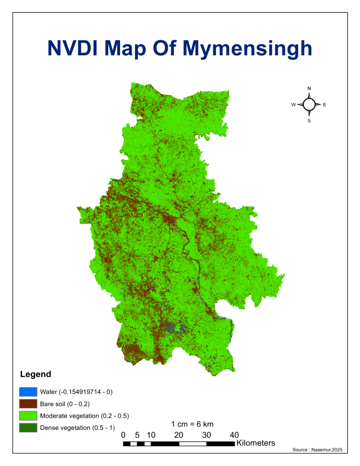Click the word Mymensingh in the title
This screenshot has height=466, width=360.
coord(247,49)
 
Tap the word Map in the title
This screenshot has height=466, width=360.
coord(150,49)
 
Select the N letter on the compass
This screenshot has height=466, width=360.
coord(309,88)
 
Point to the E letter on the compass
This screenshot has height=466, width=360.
coord(324,105)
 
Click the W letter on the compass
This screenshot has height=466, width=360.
coord(293,105)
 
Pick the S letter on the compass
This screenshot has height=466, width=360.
coord(309,121)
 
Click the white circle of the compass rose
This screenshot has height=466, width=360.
coord(309,105)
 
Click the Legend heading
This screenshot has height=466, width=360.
coord(36,375)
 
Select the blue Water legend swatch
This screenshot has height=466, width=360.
coord(28,391)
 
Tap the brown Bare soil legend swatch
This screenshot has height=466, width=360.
coord(28,404)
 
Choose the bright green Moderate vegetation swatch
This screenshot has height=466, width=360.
coord(28,416)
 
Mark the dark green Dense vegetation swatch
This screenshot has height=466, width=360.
coord(28,428)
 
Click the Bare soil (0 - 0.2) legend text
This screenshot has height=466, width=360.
coord(65,404)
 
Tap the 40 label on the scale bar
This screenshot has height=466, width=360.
coord(235,435)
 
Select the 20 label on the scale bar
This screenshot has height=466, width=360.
coord(179,435)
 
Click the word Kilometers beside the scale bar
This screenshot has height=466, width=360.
coord(256,443)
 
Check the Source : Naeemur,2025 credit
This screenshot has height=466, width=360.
coord(317,450)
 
